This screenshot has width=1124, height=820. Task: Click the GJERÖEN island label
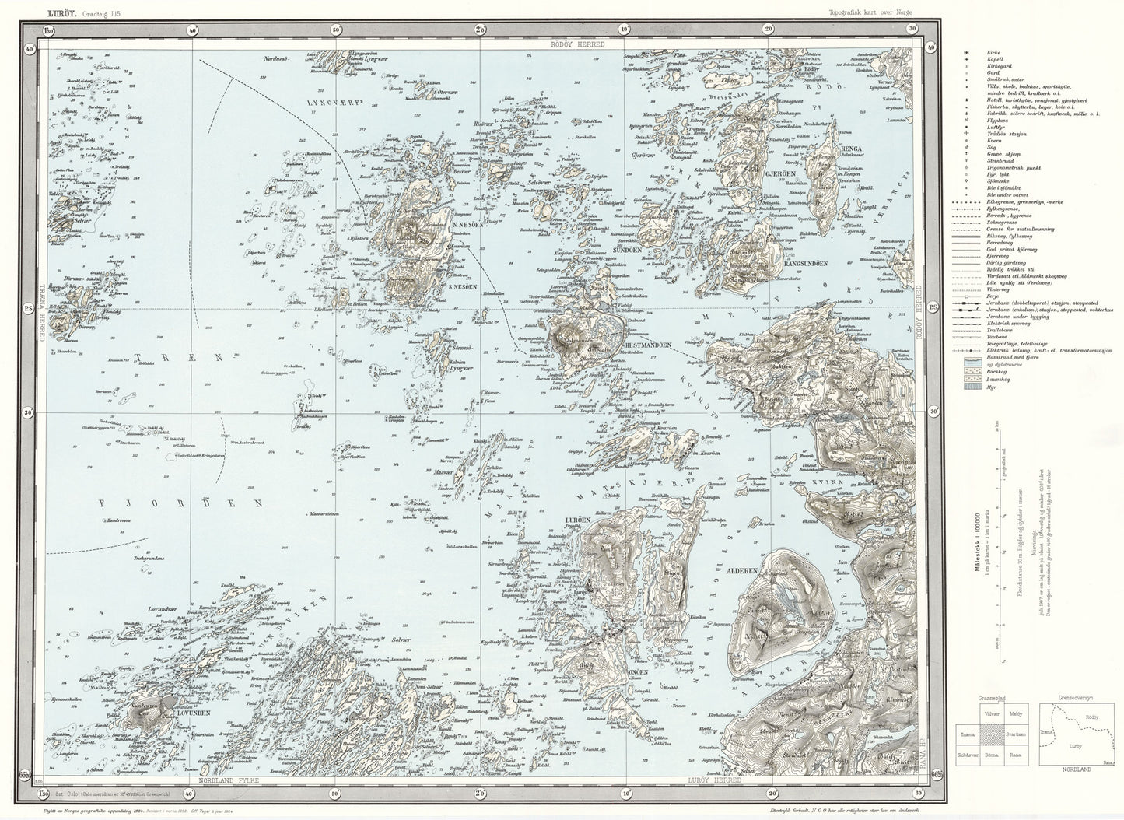pos(777,173)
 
